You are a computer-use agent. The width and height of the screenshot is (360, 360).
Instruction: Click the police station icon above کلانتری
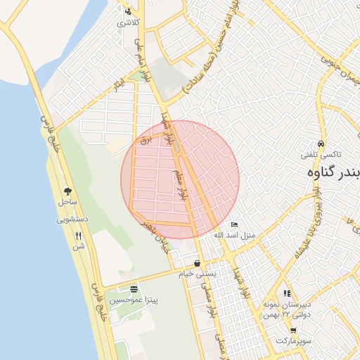click(x=127, y=11)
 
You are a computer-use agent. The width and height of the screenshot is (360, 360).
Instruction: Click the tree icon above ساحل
click(x=67, y=191)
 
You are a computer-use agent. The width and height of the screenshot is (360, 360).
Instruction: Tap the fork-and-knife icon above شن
click(x=78, y=236)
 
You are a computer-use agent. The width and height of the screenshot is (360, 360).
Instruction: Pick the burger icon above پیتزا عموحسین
click(x=134, y=289)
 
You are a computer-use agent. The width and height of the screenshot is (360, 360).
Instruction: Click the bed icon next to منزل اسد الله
click(x=234, y=224)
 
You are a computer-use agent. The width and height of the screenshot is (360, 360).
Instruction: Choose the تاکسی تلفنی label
click(x=321, y=154)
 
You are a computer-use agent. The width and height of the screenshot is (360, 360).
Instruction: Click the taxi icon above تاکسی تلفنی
click(x=321, y=143)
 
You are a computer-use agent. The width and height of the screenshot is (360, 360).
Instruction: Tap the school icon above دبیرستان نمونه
click(x=286, y=293)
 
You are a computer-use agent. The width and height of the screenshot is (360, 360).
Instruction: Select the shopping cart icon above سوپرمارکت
click(x=293, y=330)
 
